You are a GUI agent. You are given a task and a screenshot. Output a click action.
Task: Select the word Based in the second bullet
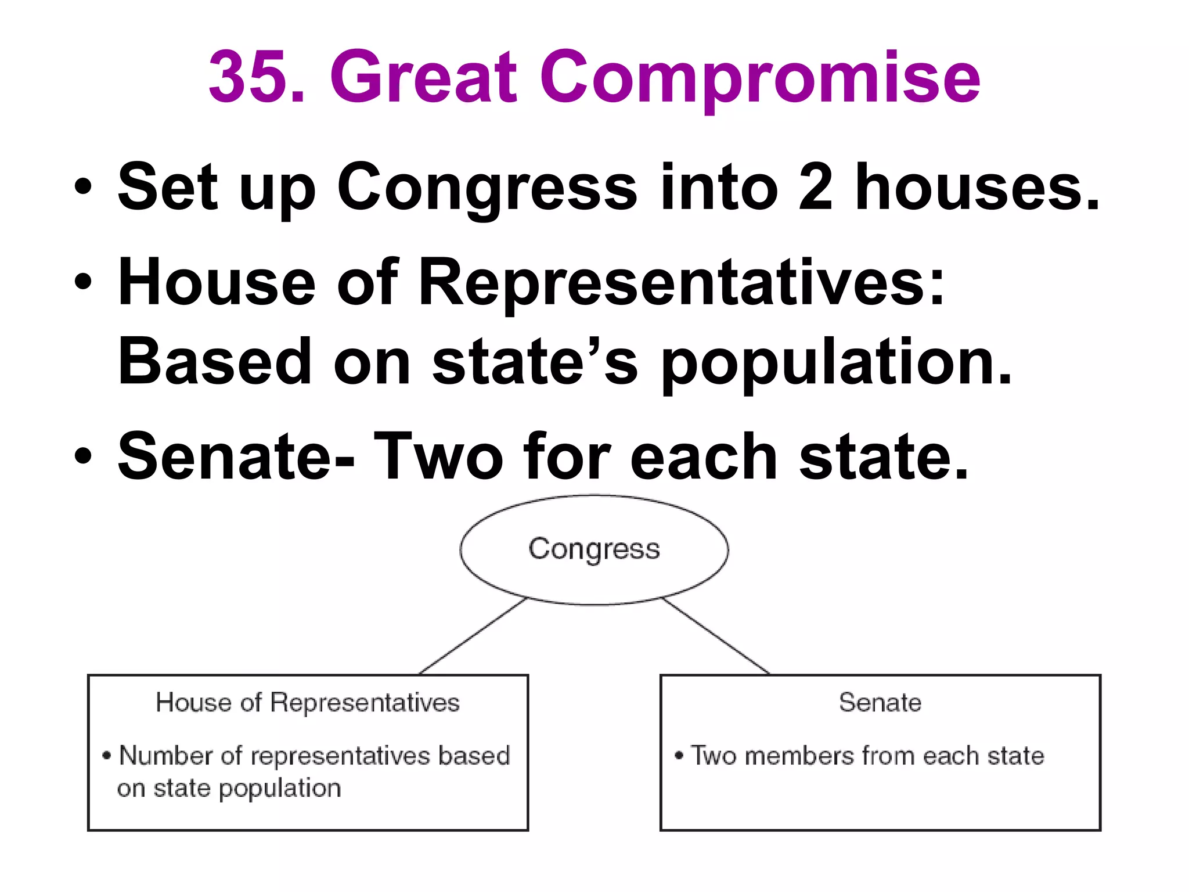pos(214,361)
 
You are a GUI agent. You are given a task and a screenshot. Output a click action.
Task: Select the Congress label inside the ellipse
pos(594,549)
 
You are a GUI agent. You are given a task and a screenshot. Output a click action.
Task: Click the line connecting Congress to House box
pos(471,636)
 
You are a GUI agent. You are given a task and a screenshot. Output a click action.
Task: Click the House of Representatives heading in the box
pos(308,703)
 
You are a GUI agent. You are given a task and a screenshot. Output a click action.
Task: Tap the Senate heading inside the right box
pos(880,703)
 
